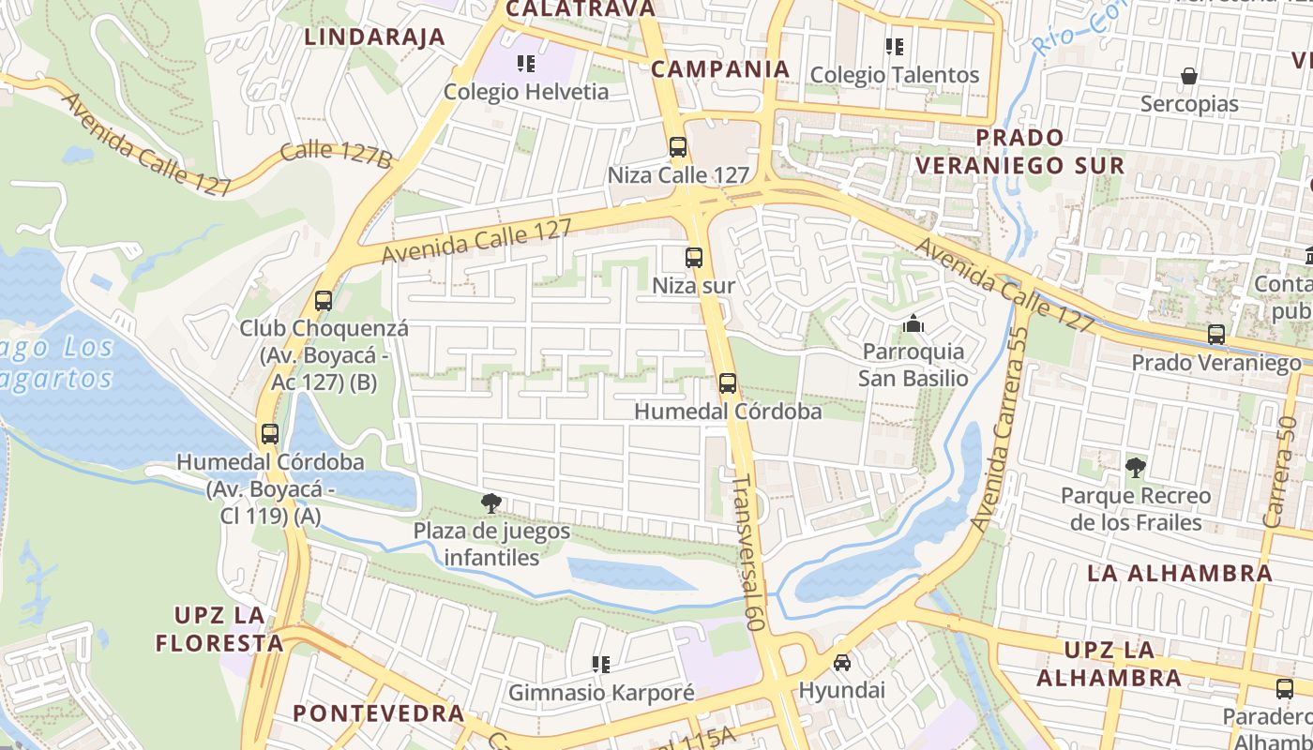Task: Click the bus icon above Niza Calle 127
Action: click(x=678, y=148)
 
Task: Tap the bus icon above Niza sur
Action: click(x=694, y=258)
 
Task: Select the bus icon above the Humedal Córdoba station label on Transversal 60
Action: click(x=728, y=383)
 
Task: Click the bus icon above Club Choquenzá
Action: click(x=324, y=301)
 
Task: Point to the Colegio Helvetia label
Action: click(x=526, y=92)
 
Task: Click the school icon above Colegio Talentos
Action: click(x=894, y=47)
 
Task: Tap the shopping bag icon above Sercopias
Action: click(x=1189, y=76)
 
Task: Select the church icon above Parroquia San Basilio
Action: click(x=913, y=324)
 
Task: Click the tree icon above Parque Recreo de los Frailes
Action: click(x=1135, y=467)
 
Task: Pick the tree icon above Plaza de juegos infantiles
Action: click(x=490, y=504)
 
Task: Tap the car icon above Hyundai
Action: click(x=842, y=663)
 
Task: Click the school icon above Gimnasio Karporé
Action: click(x=601, y=665)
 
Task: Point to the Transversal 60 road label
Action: click(x=747, y=551)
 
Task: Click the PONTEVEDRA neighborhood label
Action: click(x=379, y=712)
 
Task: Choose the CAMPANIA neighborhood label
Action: click(x=720, y=68)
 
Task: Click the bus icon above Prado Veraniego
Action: click(x=1216, y=335)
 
